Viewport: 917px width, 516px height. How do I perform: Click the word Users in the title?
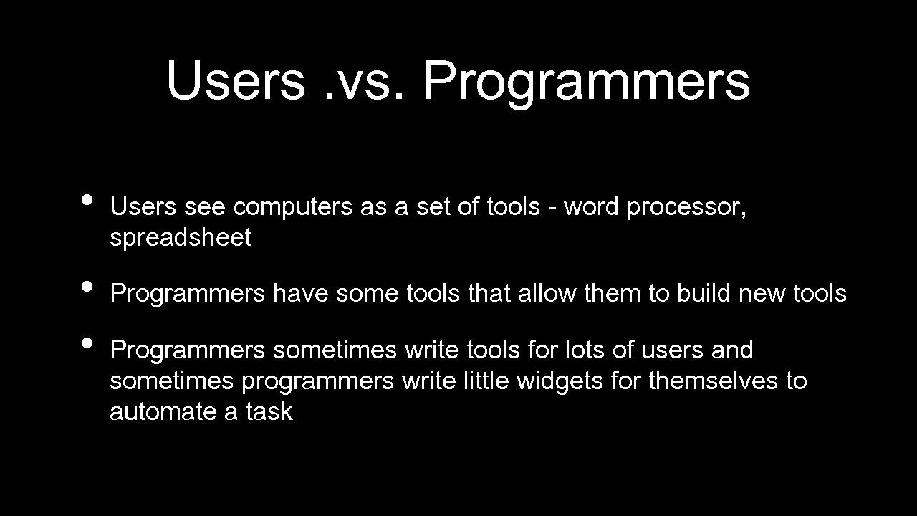click(235, 80)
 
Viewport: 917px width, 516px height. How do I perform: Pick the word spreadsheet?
click(181, 238)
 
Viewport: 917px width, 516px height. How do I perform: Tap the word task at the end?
click(269, 411)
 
